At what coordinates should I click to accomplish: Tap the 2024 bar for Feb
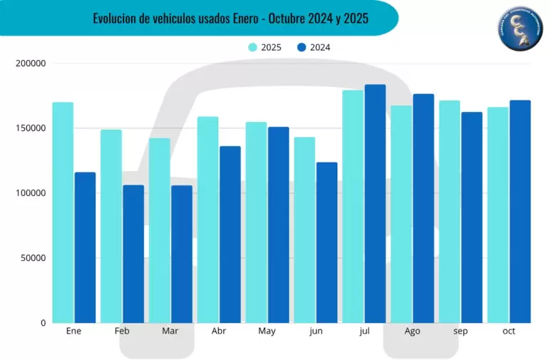[133, 254]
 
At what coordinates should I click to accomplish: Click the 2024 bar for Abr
[230, 235]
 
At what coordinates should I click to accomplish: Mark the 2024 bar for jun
[327, 242]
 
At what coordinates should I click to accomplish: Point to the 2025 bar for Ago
[401, 214]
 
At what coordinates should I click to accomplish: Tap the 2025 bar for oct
[498, 215]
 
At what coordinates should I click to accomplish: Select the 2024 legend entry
[313, 48]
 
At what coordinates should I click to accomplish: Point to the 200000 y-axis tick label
[30, 63]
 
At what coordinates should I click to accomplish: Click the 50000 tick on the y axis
[32, 258]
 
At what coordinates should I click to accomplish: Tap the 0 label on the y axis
[43, 323]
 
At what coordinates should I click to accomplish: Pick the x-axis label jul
[364, 331]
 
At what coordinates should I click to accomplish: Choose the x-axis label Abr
[219, 331]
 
